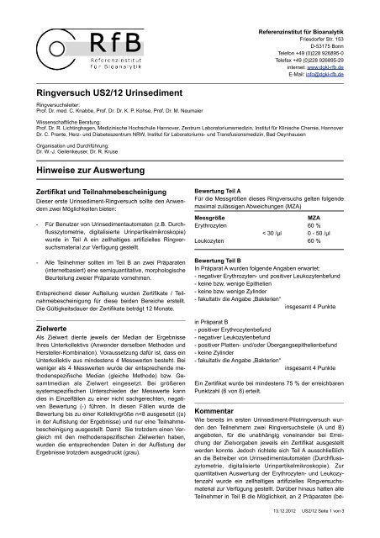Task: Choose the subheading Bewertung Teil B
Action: tap(221, 261)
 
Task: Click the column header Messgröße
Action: tap(214, 217)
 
